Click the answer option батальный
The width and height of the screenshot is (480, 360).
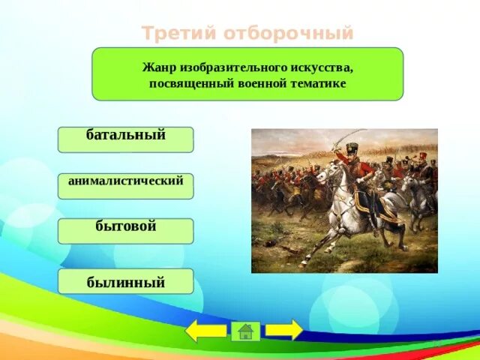[x=125, y=139]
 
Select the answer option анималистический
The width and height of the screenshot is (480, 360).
[x=125, y=186]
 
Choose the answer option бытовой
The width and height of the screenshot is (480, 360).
[x=125, y=231]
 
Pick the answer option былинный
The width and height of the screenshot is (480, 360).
[x=125, y=281]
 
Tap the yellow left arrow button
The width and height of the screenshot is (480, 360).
[x=205, y=331]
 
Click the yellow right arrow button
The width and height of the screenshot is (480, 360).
[x=284, y=330]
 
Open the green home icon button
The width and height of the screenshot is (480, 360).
[x=245, y=331]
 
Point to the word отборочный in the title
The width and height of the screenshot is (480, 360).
[x=288, y=33]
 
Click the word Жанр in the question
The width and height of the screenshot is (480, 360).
[x=159, y=67]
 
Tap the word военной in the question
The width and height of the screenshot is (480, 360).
[x=262, y=83]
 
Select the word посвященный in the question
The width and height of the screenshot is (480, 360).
[x=192, y=83]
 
